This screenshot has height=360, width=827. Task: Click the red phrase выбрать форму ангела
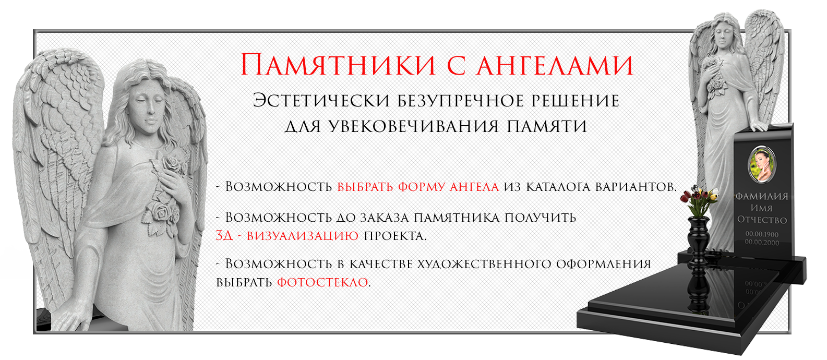(418, 186)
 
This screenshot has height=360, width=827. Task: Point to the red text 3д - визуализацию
(287, 235)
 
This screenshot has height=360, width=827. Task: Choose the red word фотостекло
(322, 282)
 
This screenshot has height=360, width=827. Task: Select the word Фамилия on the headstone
(761, 197)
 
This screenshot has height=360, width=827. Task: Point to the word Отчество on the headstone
(762, 220)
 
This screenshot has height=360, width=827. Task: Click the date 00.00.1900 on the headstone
(762, 234)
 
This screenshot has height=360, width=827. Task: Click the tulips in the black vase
(702, 201)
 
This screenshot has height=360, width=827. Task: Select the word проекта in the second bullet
(395, 235)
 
